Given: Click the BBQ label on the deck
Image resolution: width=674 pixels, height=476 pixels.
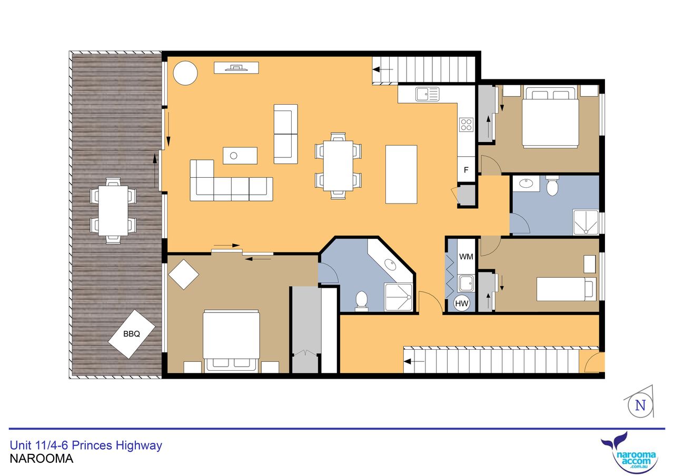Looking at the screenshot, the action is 132,333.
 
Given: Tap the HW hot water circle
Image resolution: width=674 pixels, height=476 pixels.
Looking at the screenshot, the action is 462,303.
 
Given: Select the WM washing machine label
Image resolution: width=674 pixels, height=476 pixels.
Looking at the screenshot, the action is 466,257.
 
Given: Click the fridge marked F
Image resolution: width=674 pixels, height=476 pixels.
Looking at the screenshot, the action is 466,170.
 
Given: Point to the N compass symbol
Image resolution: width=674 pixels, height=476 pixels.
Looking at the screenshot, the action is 640,406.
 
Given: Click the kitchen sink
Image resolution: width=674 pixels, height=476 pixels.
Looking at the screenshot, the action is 427,94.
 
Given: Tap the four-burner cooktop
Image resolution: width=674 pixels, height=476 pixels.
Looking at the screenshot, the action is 466,125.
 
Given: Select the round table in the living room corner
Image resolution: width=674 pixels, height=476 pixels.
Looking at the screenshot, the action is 185,73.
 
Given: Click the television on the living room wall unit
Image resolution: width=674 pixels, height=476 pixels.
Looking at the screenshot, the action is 237,68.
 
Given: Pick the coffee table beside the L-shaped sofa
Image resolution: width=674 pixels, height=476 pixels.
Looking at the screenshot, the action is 240,156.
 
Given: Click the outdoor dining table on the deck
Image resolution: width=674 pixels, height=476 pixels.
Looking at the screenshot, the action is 113,211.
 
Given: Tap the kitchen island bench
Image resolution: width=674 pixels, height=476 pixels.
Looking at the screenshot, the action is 401,175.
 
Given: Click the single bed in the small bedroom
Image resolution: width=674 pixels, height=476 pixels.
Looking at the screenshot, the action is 566,289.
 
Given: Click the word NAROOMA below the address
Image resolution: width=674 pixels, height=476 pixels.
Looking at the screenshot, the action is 42,459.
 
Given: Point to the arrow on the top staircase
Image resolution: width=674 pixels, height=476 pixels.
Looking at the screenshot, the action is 383,70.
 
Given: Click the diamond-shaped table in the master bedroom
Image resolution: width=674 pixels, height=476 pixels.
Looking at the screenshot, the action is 184,275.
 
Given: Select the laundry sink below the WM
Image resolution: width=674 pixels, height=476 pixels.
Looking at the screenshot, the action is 466,283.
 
